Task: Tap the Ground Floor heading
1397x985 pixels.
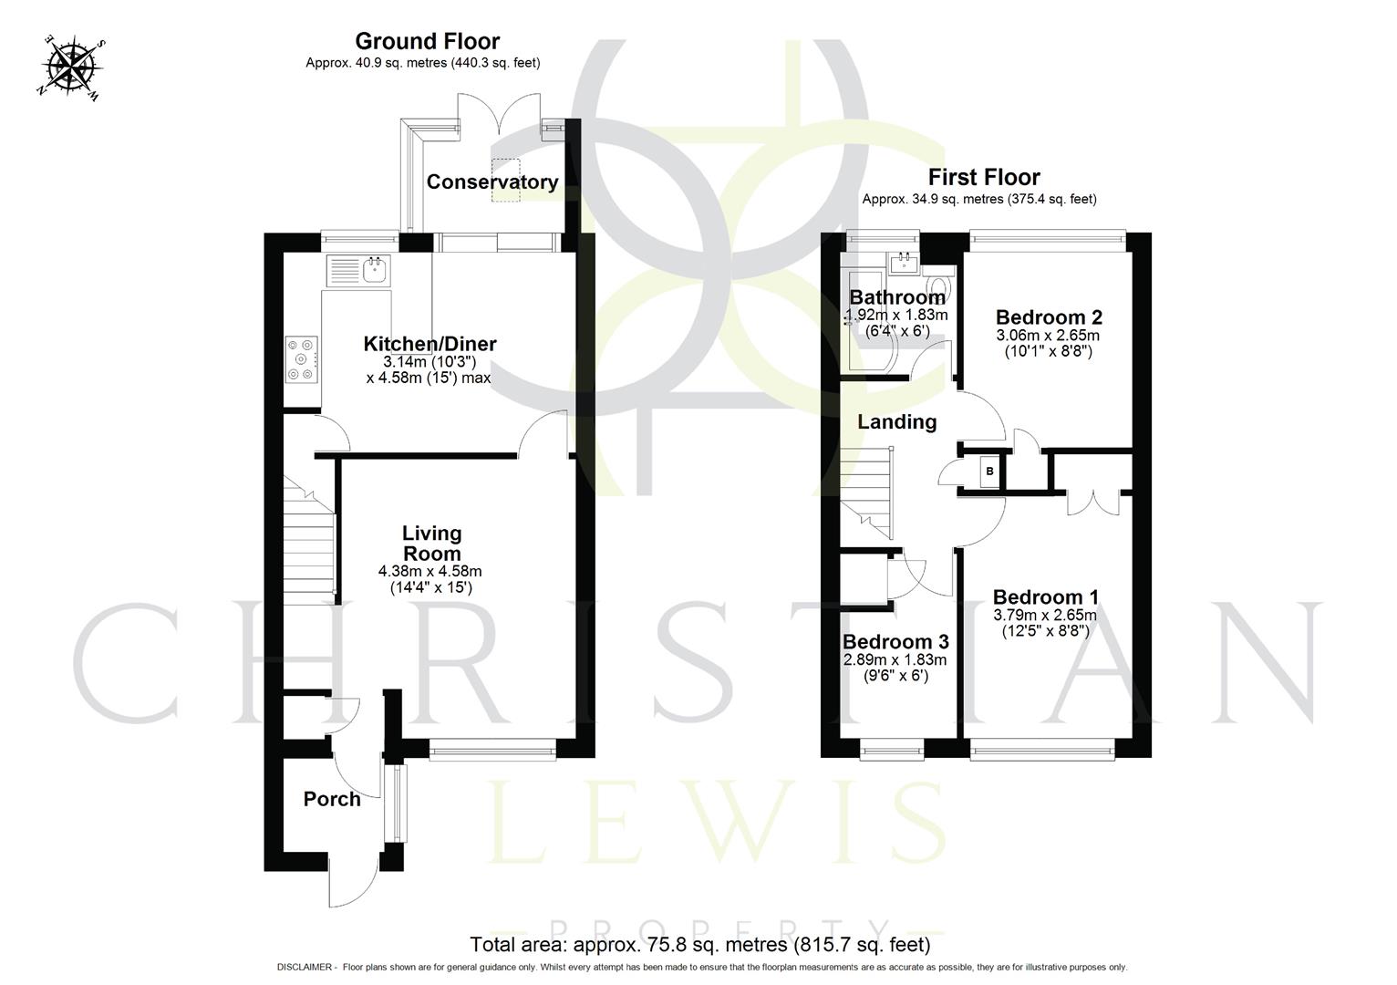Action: click(x=427, y=41)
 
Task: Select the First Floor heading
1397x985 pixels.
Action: click(x=983, y=177)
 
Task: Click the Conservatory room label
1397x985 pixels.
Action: click(x=492, y=181)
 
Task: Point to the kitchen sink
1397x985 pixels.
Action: click(x=375, y=269)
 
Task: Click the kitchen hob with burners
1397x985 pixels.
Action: click(x=302, y=358)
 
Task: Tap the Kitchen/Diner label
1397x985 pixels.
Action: click(x=429, y=344)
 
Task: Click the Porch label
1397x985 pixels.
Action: click(x=332, y=799)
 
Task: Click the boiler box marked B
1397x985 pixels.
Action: click(x=989, y=472)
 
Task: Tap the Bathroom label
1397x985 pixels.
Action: click(x=896, y=297)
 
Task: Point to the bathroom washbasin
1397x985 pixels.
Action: click(x=904, y=264)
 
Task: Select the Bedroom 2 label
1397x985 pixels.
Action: click(x=1049, y=317)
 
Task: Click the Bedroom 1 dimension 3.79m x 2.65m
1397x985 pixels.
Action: click(x=1045, y=616)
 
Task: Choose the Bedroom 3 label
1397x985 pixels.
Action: click(x=895, y=642)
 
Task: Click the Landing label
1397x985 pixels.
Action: click(x=896, y=421)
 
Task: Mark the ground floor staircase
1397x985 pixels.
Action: click(x=310, y=538)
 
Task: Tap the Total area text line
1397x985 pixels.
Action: click(x=699, y=944)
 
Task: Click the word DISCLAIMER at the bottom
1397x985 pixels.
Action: click(x=306, y=968)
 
